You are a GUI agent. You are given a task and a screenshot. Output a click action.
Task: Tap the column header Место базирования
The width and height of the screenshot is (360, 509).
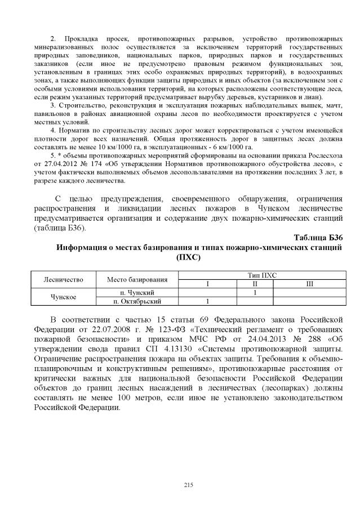pos(137,279)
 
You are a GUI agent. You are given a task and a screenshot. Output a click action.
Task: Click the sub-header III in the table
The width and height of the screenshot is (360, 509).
pos(309,284)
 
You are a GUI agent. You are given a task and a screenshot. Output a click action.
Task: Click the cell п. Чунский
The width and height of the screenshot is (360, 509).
pos(137,293)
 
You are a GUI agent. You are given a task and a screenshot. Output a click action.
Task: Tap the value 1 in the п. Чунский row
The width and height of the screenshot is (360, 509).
pos(255,293)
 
